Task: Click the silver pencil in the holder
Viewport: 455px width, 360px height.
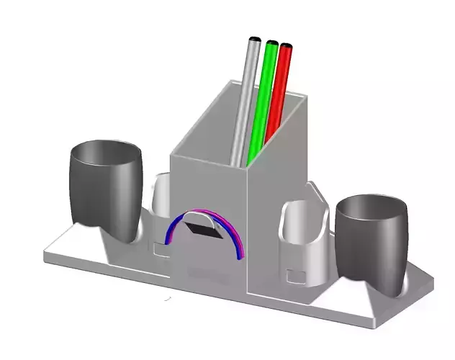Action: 245,101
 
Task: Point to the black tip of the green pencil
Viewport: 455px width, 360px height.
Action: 272,43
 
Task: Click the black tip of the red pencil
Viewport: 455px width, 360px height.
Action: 287,47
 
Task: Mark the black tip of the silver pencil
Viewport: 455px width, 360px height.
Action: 253,38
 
